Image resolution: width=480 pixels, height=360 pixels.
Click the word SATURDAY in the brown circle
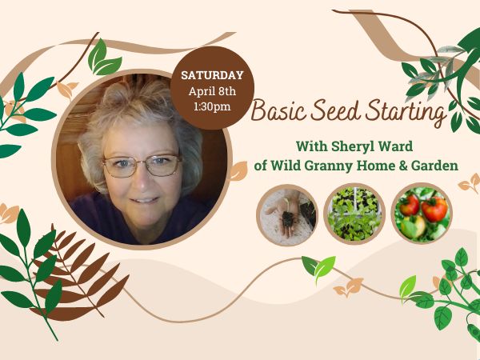[x=212, y=75]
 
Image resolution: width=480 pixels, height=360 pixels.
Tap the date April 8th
[x=212, y=91]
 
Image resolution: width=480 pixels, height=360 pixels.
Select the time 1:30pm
[x=212, y=106]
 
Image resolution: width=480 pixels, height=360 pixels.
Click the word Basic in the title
[x=278, y=110]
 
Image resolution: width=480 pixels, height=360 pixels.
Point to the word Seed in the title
[x=335, y=110]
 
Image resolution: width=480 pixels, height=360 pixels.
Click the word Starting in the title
[x=406, y=113]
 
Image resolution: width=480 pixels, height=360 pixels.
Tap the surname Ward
[x=396, y=146]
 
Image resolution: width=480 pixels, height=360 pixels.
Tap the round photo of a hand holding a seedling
[x=287, y=214]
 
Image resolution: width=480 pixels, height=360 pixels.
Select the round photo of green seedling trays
[x=354, y=214]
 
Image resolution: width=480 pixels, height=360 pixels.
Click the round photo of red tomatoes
[x=422, y=214]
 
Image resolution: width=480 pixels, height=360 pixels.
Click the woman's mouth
[x=145, y=200]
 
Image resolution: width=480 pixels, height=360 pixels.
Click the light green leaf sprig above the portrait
[x=103, y=58]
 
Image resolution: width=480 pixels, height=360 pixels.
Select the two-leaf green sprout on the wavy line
[x=318, y=267]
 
